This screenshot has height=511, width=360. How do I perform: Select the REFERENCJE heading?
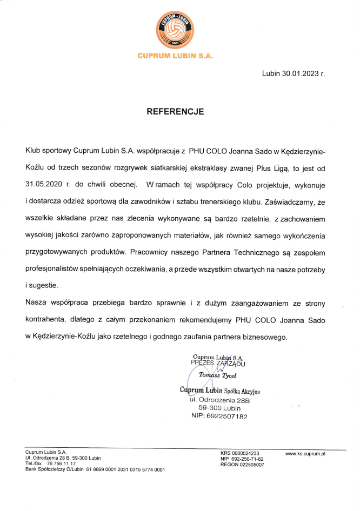(x=175, y=112)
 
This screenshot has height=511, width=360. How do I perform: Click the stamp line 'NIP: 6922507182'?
(x=219, y=416)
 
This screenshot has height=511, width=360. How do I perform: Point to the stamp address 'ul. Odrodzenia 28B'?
(x=219, y=399)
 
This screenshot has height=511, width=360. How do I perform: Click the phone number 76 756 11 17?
(x=61, y=464)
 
